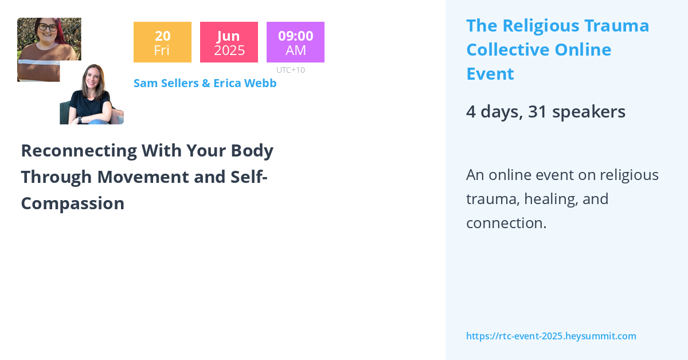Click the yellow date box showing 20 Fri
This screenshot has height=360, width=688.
[162, 42]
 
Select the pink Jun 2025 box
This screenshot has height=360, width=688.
[229, 42]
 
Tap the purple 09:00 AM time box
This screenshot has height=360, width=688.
[295, 42]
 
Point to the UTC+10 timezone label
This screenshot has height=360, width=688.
[290, 70]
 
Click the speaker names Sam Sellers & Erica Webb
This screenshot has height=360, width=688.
[205, 83]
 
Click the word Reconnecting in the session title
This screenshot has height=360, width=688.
[79, 150]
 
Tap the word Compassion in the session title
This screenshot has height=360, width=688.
[73, 203]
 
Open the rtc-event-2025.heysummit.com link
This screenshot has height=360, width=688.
[551, 336]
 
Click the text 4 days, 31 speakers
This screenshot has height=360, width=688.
[545, 111]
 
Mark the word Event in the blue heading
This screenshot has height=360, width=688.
[490, 74]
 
